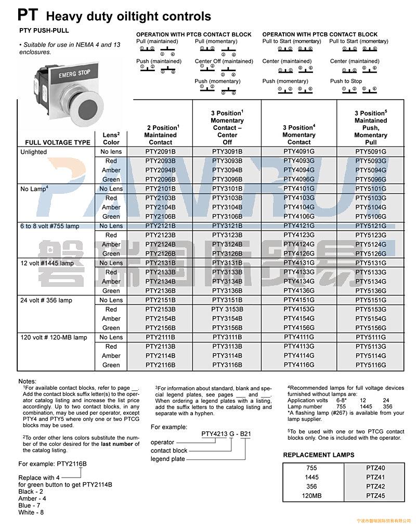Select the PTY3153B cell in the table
(227, 309)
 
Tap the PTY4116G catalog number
(299, 365)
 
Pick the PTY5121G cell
(371, 226)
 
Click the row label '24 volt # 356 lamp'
(46, 300)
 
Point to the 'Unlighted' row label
(34, 152)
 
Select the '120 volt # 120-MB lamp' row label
(54, 337)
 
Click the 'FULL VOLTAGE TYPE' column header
(58, 142)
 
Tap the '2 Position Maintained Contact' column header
(161, 135)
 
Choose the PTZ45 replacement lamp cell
(375, 496)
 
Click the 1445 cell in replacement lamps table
(312, 477)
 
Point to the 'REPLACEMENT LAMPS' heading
(319, 455)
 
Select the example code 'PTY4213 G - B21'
(226, 434)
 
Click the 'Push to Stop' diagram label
(346, 81)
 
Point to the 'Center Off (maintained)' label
(224, 61)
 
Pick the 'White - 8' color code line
(31, 512)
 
